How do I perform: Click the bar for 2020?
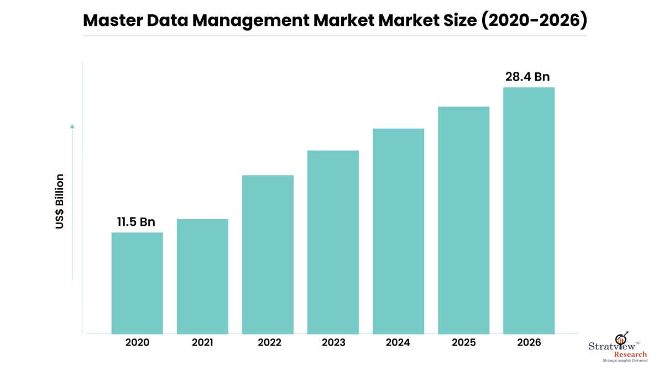(137, 283)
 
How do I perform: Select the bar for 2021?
(202, 276)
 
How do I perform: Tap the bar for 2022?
(268, 254)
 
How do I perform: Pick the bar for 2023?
(333, 242)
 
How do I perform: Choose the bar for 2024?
(398, 231)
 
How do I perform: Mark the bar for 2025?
(463, 220)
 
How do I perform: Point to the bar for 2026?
(529, 210)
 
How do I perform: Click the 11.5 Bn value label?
(136, 222)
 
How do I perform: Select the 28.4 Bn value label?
(527, 77)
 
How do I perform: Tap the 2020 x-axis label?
(137, 343)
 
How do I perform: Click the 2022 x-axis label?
(269, 343)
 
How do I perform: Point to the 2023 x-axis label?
(333, 343)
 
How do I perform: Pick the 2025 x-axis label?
(463, 343)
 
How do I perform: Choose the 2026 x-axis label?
(529, 343)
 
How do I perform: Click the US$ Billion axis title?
(60, 202)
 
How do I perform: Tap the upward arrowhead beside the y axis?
(72, 126)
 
